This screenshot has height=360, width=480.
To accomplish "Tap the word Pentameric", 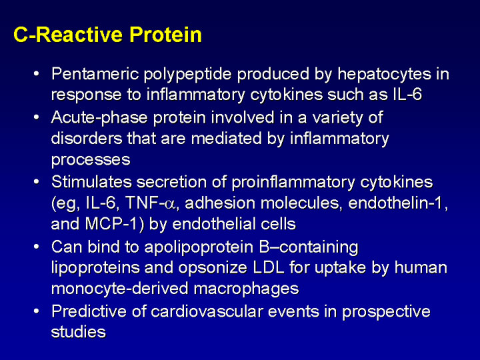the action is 95,74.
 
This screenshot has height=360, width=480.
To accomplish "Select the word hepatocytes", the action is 384,75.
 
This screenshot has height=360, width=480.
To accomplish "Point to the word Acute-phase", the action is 99,117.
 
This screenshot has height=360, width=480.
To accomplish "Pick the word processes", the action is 91,160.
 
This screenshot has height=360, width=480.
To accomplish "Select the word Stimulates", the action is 91,182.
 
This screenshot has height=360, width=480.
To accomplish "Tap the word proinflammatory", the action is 293,183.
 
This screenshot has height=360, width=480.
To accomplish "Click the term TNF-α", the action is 150,203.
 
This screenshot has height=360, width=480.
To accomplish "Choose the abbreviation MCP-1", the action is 111,224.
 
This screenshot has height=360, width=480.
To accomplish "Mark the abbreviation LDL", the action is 269,267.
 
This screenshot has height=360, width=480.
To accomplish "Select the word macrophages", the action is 247,289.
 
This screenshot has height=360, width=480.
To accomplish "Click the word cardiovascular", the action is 207,311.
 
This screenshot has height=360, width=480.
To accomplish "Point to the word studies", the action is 79,332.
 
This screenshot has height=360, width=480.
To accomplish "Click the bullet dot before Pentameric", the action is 37,74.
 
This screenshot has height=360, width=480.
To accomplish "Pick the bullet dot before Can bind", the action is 37,247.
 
